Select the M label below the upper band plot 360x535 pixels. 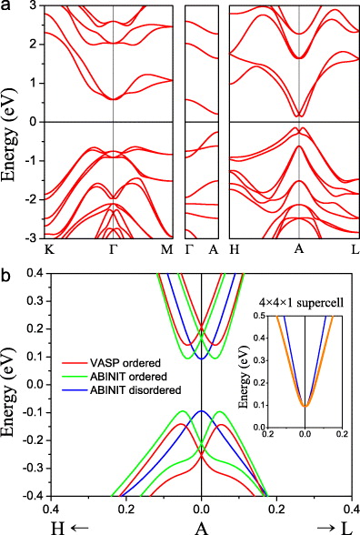[x=173, y=249]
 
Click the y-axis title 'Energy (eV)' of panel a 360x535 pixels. [x=12, y=122]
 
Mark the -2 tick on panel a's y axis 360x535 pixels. [x=33, y=199]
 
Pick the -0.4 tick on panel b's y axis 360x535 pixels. [x=29, y=497]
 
